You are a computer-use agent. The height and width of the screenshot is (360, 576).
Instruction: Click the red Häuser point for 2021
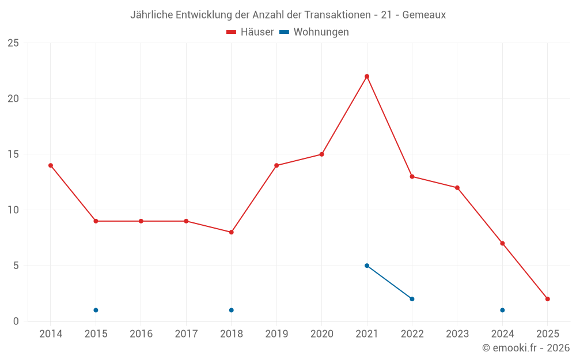pyautogui.click(x=367, y=76)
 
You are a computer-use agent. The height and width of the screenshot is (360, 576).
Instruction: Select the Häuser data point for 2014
pyautogui.click(x=51, y=165)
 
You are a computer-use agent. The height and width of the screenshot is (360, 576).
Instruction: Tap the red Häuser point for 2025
pyautogui.click(x=548, y=299)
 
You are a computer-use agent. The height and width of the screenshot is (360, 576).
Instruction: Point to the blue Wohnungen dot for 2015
pyautogui.click(x=96, y=310)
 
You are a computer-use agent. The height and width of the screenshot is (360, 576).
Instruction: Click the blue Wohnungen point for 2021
pyautogui.click(x=367, y=266)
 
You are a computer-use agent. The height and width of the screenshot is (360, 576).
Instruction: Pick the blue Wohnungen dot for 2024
pyautogui.click(x=502, y=310)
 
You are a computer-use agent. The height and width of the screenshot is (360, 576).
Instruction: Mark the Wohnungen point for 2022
pyautogui.click(x=412, y=299)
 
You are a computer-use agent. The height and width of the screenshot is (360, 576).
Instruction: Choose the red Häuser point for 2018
pyautogui.click(x=231, y=232)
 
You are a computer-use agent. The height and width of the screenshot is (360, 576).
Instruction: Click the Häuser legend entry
pyautogui.click(x=250, y=32)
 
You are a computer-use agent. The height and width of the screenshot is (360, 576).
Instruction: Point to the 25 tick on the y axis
pyautogui.click(x=13, y=43)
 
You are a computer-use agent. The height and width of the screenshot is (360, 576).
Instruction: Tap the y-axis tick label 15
pyautogui.click(x=13, y=154)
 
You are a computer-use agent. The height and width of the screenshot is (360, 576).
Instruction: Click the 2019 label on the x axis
pyautogui.click(x=276, y=334)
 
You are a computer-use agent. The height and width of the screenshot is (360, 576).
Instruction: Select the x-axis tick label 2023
pyautogui.click(x=457, y=334)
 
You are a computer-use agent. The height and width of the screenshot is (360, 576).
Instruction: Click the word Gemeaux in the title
pyautogui.click(x=424, y=15)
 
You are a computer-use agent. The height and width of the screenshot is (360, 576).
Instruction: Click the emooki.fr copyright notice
pyautogui.click(x=526, y=348)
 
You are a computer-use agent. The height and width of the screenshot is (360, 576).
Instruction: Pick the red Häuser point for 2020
pyautogui.click(x=321, y=154)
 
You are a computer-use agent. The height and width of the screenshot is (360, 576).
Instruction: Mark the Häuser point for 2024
pyautogui.click(x=502, y=243)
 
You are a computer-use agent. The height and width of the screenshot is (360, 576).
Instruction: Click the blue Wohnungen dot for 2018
pyautogui.click(x=231, y=310)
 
